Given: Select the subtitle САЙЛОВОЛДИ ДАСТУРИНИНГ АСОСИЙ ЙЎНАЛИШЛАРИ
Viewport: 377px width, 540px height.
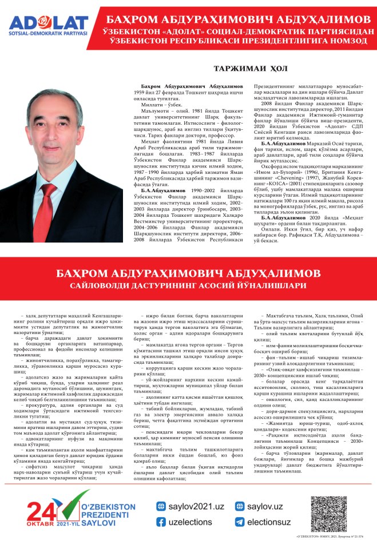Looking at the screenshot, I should pos(188,284).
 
